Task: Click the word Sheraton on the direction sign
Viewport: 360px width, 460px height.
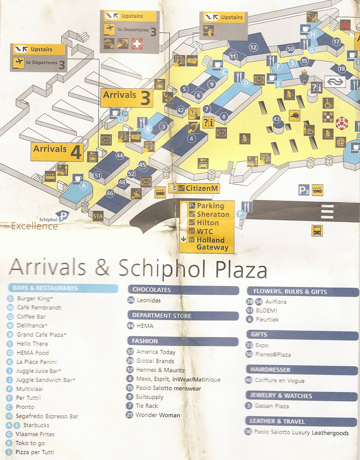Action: [x=213, y=214]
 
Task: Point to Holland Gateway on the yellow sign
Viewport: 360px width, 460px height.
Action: [x=212, y=244]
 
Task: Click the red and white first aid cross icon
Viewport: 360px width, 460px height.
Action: [x=137, y=44]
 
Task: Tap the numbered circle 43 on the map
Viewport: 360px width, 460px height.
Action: [x=276, y=119]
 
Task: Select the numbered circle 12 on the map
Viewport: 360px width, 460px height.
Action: [x=253, y=48]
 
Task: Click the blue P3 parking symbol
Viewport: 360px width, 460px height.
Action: [x=304, y=190]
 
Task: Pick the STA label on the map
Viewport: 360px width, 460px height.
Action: [x=98, y=216]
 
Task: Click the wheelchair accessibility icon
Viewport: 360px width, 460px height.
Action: [x=328, y=103]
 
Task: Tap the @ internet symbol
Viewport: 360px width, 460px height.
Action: [x=340, y=141]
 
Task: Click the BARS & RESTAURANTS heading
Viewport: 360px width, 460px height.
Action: [x=45, y=288]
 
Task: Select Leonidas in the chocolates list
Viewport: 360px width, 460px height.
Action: [x=149, y=300]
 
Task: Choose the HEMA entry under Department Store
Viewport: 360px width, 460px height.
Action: [x=145, y=326]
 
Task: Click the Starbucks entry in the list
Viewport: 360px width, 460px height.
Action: [x=36, y=425]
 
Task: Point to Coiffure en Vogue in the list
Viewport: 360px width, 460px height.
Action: [x=279, y=380]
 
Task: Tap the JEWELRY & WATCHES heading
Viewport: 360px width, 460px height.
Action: [x=281, y=396]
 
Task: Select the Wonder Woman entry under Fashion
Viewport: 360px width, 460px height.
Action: [x=158, y=415]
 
